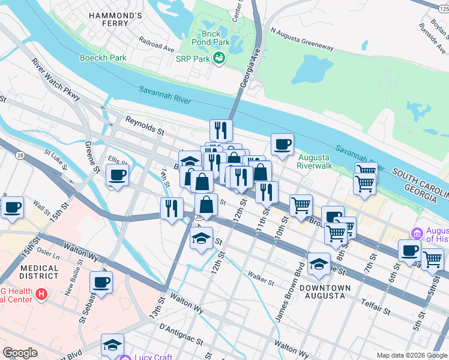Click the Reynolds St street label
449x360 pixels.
click(x=144, y=124)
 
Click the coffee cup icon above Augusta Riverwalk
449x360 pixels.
click(x=282, y=143)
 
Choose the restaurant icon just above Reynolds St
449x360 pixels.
click(x=221, y=130)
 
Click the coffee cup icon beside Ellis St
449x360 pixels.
click(x=117, y=175)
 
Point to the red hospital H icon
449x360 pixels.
click(x=41, y=294)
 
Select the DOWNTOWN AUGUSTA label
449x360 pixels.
click(x=325, y=292)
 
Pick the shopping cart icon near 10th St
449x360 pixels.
click(x=301, y=205)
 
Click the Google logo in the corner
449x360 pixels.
click(x=21, y=353)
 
